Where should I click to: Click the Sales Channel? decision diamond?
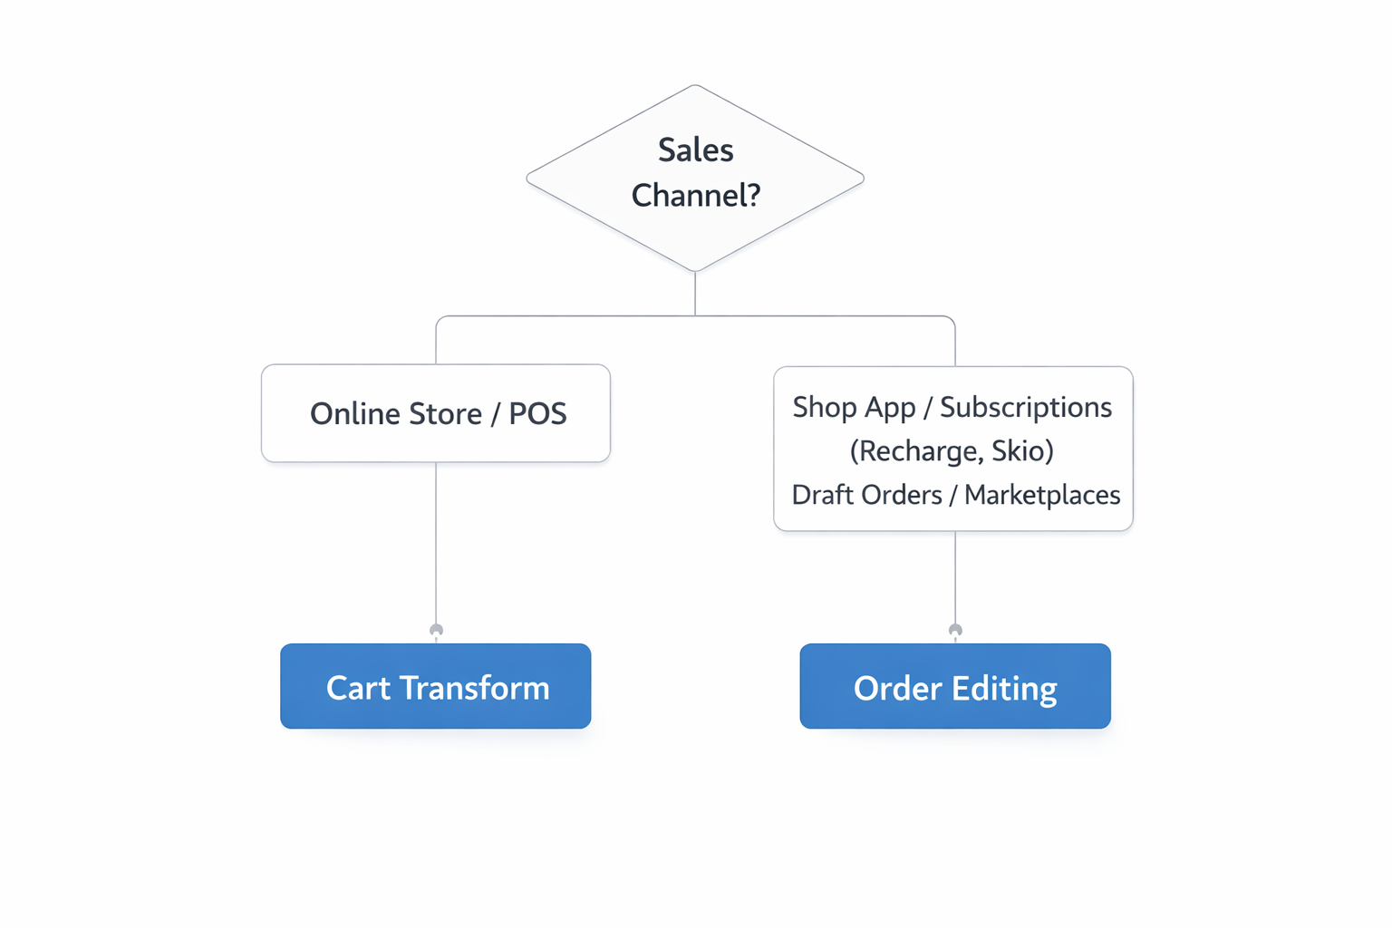695,227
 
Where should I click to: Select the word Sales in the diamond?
695,150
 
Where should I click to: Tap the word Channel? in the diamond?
695,196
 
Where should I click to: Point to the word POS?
537,414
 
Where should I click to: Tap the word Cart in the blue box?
359,688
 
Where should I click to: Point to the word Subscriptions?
1026,408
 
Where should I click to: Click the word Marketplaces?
1042,496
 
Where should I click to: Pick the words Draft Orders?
866,496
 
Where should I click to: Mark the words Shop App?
854,408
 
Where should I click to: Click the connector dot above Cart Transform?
436,630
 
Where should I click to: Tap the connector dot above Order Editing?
955,630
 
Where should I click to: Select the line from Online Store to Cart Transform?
436,544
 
